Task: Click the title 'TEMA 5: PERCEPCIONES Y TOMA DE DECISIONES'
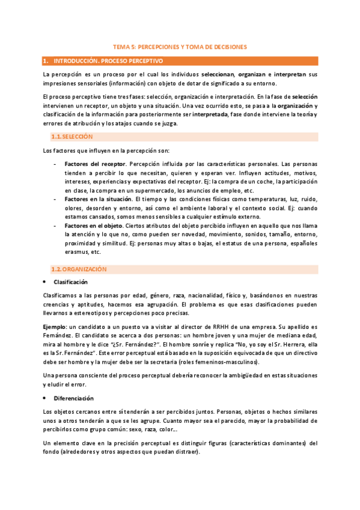(x=180, y=46)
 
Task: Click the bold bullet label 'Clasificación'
(x=70, y=281)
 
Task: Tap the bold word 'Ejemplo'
(x=56, y=325)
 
